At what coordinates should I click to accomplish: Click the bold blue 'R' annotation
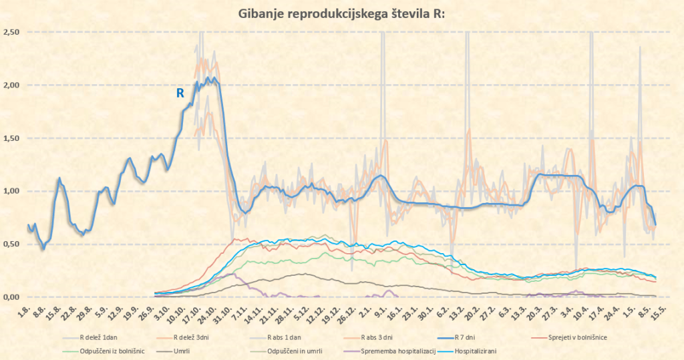pos(180,94)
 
